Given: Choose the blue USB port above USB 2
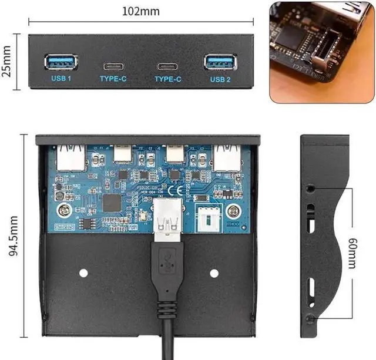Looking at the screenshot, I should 220,62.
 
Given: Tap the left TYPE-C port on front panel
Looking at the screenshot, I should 113,66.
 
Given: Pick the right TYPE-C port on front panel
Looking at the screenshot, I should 168,66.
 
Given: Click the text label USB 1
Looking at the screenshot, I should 61,78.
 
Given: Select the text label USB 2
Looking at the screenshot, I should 220,78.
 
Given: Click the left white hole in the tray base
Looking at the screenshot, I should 83,272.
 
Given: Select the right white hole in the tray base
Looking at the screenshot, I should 214,272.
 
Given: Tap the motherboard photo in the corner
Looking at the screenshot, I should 321,51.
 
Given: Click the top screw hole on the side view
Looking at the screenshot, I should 310,189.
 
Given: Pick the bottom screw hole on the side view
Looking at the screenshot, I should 310,319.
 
